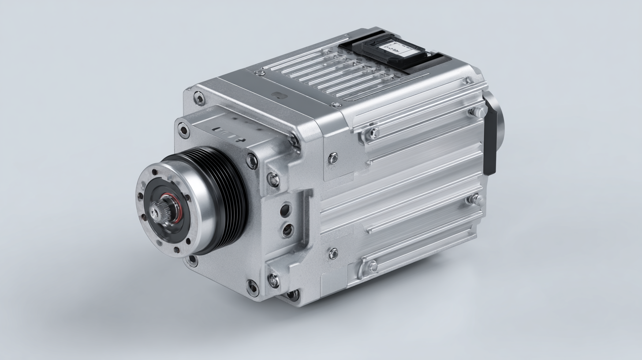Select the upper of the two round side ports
coord(285,210)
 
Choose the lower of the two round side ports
coord(287,229)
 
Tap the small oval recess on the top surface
coord(277,95)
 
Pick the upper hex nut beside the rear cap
coord(475,112)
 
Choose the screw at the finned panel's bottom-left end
coord(373,266)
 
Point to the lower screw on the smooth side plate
coord(333,253)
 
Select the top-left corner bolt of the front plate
coord(199,98)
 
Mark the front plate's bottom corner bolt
coord(253,288)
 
